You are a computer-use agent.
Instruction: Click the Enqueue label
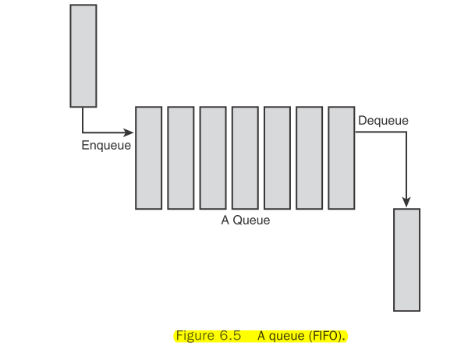(x=106, y=145)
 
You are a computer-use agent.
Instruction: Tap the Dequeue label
(x=383, y=121)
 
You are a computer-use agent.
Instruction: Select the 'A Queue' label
(x=246, y=221)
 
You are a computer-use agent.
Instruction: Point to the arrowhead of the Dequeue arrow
(x=406, y=201)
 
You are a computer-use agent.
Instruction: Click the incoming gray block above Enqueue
(x=83, y=55)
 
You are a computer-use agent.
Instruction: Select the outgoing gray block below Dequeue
(x=406, y=259)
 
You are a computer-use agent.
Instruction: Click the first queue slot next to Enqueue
(x=148, y=157)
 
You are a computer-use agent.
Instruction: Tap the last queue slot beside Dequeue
(x=342, y=157)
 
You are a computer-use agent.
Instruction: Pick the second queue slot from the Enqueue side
(x=180, y=157)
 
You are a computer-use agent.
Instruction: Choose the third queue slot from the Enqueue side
(x=213, y=157)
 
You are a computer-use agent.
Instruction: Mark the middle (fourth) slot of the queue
(x=245, y=157)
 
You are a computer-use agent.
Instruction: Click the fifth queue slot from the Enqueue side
(x=277, y=157)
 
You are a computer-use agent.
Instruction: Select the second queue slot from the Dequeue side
(x=310, y=157)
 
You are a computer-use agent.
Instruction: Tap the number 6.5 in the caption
(x=232, y=336)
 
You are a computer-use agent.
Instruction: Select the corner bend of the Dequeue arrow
(x=406, y=132)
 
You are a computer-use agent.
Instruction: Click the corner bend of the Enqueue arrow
(x=83, y=132)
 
